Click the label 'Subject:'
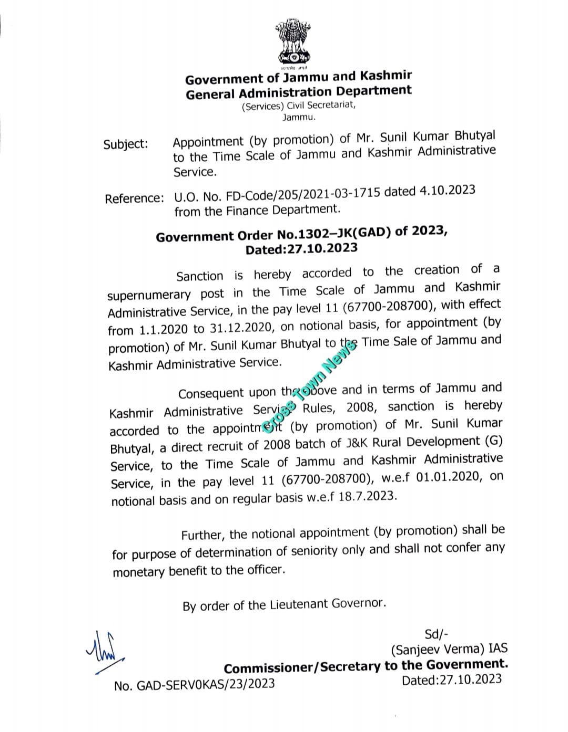pyautogui.click(x=126, y=144)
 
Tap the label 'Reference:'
pyautogui.click(x=134, y=198)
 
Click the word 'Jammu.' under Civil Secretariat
pyautogui.click(x=299, y=118)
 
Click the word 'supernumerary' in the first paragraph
pyautogui.click(x=148, y=295)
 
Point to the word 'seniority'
pyautogui.click(x=312, y=551)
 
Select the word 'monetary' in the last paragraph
pyautogui.click(x=139, y=572)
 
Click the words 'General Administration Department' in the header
pyautogui.click(x=299, y=92)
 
